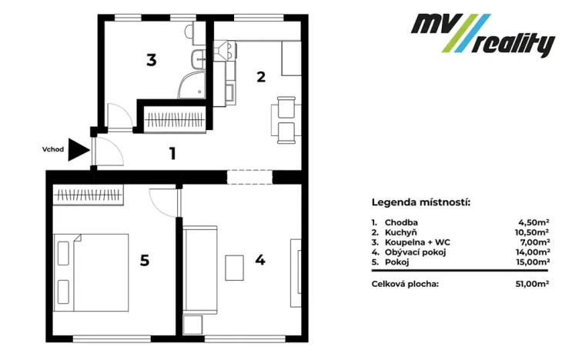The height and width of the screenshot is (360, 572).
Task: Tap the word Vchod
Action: (x=52, y=149)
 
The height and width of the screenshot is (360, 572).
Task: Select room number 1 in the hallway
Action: (x=173, y=153)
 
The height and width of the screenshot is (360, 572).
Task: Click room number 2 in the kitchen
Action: (x=261, y=76)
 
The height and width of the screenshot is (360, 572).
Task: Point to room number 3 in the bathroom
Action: (x=152, y=59)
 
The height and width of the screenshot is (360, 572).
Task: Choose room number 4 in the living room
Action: (x=260, y=260)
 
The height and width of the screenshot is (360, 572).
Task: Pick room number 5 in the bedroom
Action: (x=144, y=260)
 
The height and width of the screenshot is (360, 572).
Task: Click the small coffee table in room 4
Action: (x=235, y=268)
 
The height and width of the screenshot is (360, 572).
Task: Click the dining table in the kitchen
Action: (x=286, y=119)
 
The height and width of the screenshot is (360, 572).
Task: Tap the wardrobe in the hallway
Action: (x=176, y=120)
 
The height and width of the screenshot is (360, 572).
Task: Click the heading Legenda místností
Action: (x=420, y=203)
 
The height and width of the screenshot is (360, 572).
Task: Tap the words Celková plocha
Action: (x=405, y=284)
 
